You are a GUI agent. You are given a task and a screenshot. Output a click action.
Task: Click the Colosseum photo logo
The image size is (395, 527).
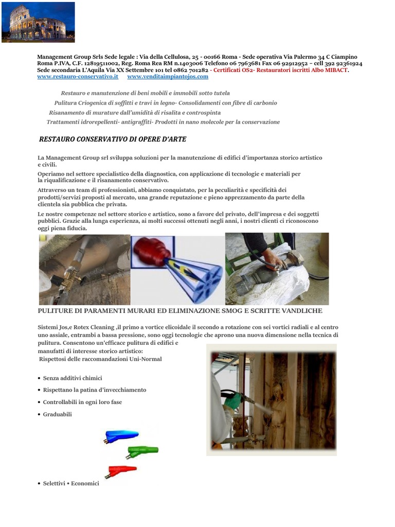pyautogui.click(x=38, y=22)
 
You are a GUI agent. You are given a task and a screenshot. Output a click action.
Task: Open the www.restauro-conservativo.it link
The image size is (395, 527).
pyautogui.click(x=78, y=77)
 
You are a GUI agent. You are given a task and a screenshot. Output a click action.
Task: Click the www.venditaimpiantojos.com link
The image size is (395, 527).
pyautogui.click(x=168, y=77)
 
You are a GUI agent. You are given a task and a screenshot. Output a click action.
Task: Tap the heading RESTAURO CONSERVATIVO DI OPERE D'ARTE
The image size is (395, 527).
pyautogui.click(x=113, y=139)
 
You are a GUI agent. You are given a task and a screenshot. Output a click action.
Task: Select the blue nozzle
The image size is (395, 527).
pyautogui.click(x=121, y=436)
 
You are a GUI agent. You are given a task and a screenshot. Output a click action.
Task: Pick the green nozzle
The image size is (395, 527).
pyautogui.click(x=142, y=451)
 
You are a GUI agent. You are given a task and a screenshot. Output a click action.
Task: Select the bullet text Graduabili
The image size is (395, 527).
pyautogui.click(x=58, y=414)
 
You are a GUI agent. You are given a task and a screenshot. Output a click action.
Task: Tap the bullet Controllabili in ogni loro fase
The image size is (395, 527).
pyautogui.click(x=82, y=402)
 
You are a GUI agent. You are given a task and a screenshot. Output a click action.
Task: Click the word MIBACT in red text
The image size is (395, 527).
pyautogui.click(x=336, y=70)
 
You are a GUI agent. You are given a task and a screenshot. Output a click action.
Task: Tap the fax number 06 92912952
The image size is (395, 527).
pyautogui.click(x=285, y=63)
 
